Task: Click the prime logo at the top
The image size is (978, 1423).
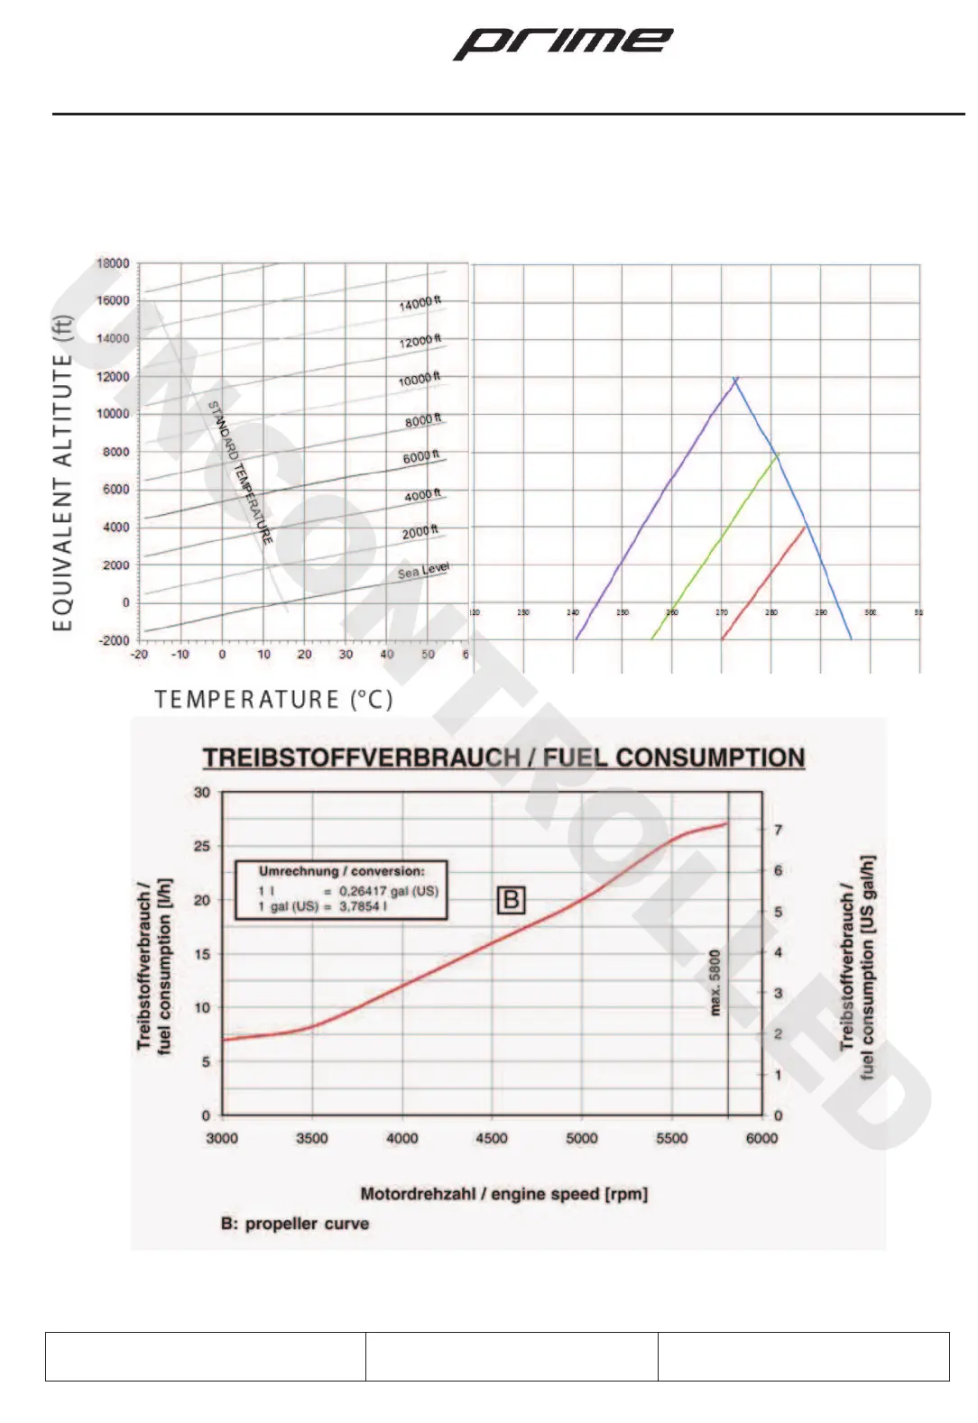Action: pos(562,42)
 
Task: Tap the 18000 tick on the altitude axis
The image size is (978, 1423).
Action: pos(113,263)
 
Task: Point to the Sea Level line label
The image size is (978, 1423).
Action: pos(423,571)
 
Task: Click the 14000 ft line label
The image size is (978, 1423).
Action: pos(420,303)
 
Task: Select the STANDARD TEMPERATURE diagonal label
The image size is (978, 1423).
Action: pos(240,473)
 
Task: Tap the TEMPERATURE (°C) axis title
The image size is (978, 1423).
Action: pos(273,700)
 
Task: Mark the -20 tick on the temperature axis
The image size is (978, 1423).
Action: pos(139,655)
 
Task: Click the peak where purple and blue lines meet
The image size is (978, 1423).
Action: pos(736,380)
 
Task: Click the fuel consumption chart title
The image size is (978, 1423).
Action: pos(503,757)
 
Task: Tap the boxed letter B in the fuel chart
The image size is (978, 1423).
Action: pos(511,899)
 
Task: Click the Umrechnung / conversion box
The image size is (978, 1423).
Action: pos(341,889)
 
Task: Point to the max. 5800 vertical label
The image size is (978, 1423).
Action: pos(715,982)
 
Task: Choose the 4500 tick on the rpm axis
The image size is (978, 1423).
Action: pos(492,1138)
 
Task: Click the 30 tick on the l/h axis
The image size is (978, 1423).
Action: pos(202,793)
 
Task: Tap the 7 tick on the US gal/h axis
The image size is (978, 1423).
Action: pos(778,830)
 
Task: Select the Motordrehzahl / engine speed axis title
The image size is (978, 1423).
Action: pos(503,1194)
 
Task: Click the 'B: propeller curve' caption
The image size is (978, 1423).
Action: pos(295,1224)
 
